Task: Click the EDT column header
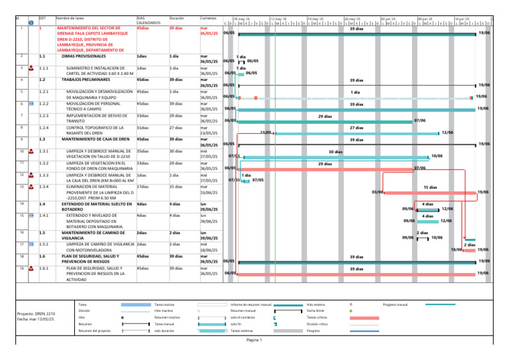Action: coord(42,17)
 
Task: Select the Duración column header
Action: coord(176,17)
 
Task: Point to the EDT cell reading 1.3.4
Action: coord(46,187)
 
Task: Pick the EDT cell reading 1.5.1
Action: coord(46,245)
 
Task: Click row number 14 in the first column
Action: coord(23,204)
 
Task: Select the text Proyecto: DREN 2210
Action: coord(36,314)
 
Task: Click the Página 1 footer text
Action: coord(255,341)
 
